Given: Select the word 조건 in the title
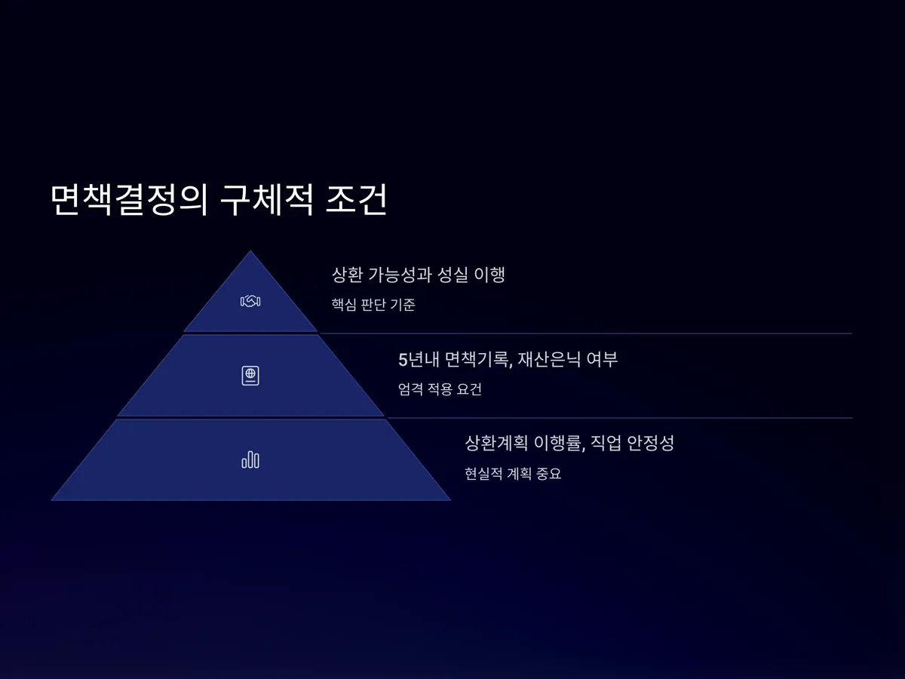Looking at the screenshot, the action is point(357,201).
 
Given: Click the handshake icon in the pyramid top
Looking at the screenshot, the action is point(250,301).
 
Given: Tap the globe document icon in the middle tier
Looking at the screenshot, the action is point(250,376).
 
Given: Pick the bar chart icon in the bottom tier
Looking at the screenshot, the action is point(250,459).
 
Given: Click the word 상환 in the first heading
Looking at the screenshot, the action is point(348,275).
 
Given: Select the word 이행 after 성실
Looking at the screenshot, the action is point(489,275).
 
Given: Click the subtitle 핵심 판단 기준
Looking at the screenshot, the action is point(373,306).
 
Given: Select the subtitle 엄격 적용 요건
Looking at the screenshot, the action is point(440,390).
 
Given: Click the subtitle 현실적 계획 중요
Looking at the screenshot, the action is point(513,475).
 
